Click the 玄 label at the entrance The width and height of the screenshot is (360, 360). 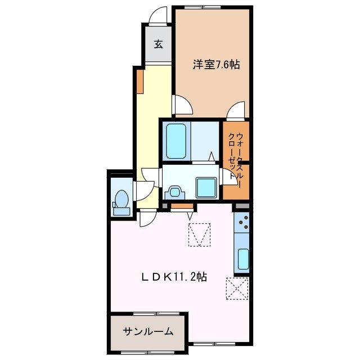(x=159, y=44)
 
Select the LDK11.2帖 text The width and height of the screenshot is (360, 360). (x=173, y=277)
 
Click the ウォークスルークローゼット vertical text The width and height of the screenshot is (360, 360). (x=236, y=156)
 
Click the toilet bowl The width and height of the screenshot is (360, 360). (x=121, y=199)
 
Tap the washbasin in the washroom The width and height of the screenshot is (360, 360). (x=174, y=192)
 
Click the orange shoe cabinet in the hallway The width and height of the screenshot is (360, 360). (x=139, y=81)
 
